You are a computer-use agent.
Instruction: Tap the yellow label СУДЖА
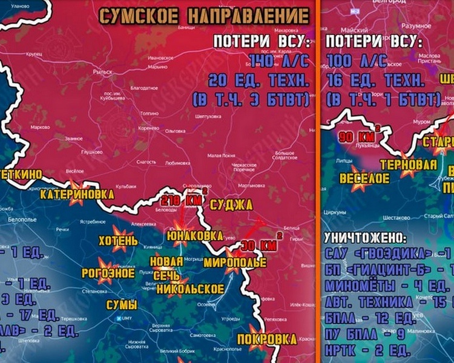[x=231, y=205]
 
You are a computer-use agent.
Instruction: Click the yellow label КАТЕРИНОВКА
[x=77, y=194]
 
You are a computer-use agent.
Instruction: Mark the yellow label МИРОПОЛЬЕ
[x=234, y=263]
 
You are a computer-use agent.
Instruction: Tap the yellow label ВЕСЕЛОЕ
[x=364, y=178]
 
